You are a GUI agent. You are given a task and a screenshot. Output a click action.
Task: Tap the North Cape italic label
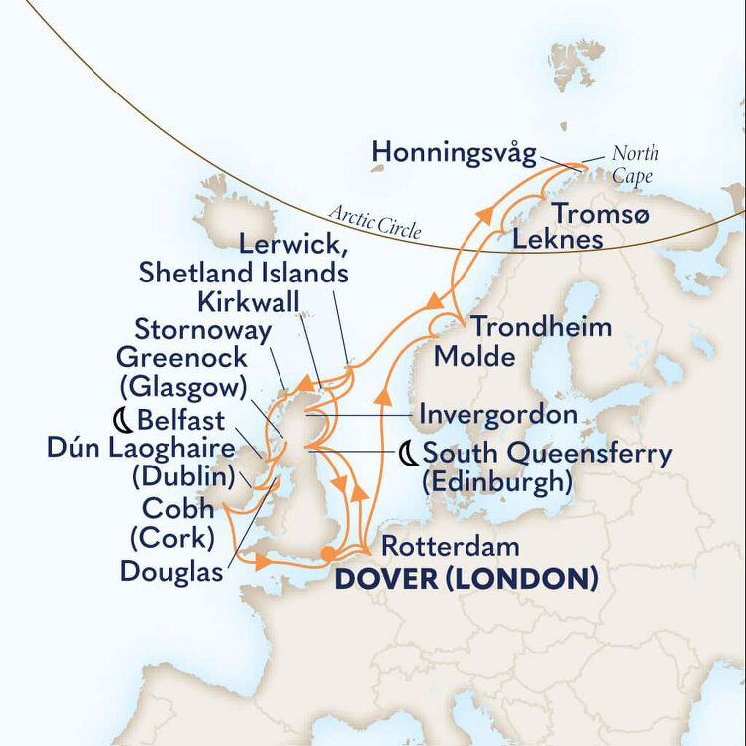pos(635,165)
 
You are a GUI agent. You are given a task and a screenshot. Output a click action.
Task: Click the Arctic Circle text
pos(373,222)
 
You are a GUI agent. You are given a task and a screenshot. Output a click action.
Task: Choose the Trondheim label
pos(540,327)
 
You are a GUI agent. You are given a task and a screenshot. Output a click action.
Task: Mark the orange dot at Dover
pos(329,555)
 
